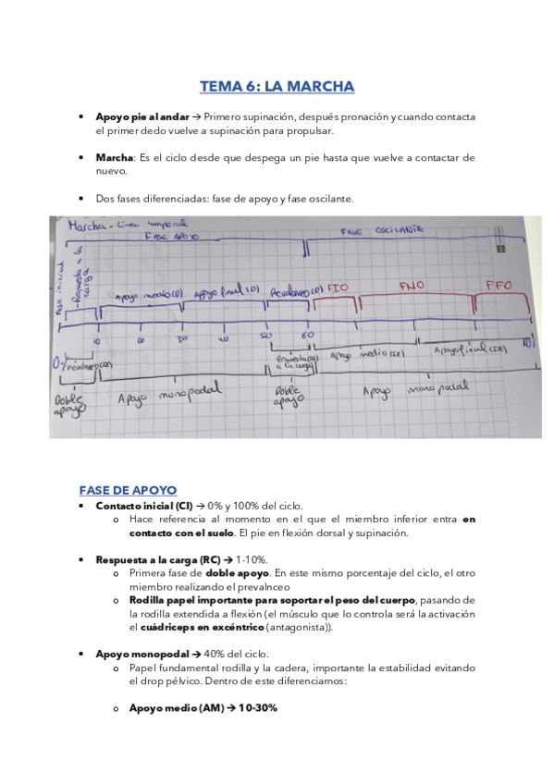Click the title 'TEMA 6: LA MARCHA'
pos(277,87)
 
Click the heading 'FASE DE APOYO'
pos(128,489)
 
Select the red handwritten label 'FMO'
pos(412,287)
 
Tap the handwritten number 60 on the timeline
pos(308,334)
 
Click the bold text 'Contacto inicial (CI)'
pos(144,506)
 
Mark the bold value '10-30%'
pos(257,707)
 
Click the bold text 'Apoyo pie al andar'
pos(142,117)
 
